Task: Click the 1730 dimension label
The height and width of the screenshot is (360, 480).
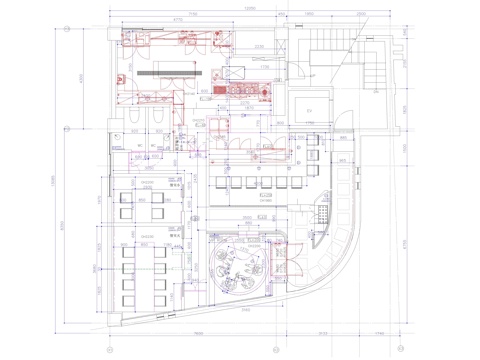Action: [x=238, y=65]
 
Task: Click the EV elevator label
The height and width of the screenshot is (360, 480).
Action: [x=310, y=109]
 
